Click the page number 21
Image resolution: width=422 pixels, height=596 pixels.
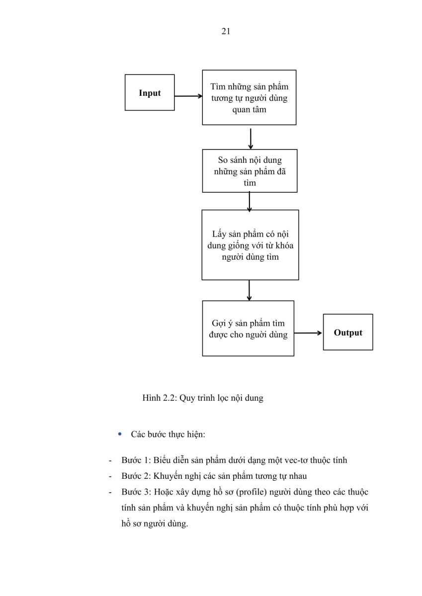(226, 31)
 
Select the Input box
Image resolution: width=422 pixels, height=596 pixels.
(150, 92)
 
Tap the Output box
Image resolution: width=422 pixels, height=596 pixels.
(348, 332)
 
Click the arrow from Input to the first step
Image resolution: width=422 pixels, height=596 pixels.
(188, 96)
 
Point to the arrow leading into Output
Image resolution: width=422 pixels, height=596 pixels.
(308, 333)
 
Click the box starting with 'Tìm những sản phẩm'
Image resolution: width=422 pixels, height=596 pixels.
(249, 97)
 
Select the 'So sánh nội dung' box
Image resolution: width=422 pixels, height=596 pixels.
(250, 171)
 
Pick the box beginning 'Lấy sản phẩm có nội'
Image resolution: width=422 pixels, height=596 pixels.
(251, 245)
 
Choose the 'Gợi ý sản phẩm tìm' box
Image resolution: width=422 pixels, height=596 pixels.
(248, 328)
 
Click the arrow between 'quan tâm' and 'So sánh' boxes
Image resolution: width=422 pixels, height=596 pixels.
(251, 139)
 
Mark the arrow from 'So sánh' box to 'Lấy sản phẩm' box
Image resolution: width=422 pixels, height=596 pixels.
(249, 202)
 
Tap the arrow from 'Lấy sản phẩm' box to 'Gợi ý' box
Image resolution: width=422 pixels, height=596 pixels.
(249, 290)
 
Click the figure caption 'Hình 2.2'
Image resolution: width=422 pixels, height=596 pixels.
(203, 398)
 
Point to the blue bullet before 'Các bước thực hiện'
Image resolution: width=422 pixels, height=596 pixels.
(120, 434)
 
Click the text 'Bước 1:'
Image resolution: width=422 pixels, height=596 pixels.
(136, 460)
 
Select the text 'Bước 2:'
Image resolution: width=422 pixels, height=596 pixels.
(136, 476)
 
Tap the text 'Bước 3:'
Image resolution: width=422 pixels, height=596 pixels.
(136, 492)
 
